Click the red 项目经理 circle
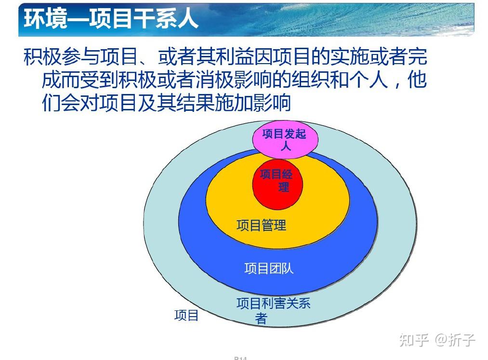coord(277,184)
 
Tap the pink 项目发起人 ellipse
coord(285,139)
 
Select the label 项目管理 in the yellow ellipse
coord(261,225)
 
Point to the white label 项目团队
coord(269,268)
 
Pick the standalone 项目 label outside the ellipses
coord(186,315)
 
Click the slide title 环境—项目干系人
coord(111,19)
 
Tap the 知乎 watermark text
coord(414,340)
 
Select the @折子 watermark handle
coord(455,340)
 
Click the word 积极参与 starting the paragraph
coord(62,57)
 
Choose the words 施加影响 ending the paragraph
coord(253,103)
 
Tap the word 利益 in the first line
coord(235,57)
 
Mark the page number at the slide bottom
coord(240,358)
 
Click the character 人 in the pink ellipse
coord(286,146)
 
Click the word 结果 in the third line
coord(195,103)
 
